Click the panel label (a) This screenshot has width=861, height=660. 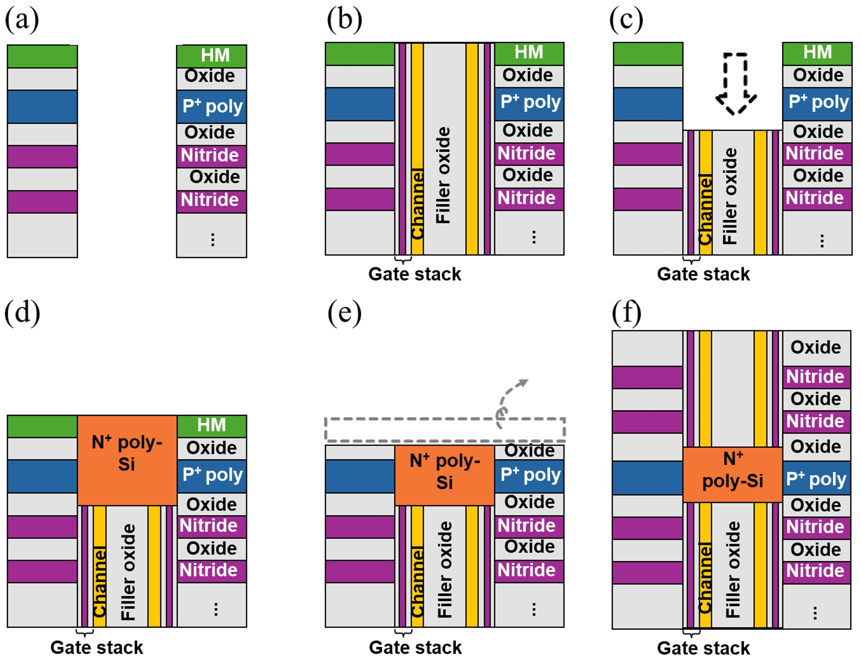22,20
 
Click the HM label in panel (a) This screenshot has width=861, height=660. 215,55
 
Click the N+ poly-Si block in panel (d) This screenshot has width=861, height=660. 127,460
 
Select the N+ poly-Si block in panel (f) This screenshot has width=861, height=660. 732,474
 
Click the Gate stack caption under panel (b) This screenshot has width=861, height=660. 414,274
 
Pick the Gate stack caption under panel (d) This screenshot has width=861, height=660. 97,647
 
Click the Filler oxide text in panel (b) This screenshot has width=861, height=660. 443,175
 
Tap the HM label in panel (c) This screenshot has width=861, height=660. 817,52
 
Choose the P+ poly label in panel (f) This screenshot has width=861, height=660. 816,479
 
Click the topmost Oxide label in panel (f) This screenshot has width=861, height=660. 815,347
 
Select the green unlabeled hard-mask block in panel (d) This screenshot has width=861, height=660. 42,426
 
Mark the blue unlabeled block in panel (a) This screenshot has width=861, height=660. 42,107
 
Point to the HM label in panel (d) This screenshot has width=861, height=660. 211,425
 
